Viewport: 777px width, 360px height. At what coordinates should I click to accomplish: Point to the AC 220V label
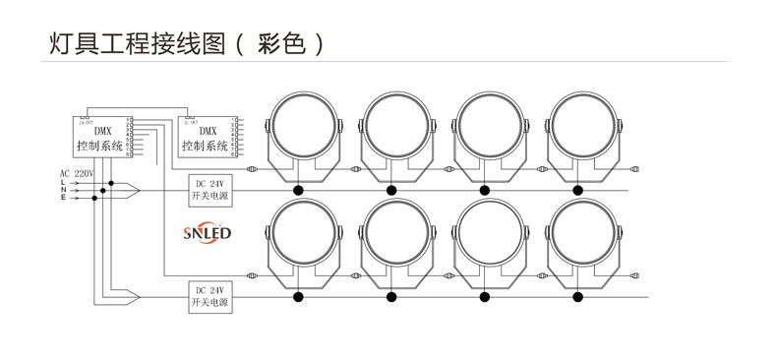tap(77, 173)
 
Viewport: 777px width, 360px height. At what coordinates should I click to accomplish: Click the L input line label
tap(63, 182)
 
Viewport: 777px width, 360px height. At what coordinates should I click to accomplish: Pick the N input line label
tap(63, 190)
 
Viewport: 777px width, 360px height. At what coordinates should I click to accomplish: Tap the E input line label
tap(63, 198)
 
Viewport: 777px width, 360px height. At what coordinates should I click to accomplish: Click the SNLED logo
tap(207, 233)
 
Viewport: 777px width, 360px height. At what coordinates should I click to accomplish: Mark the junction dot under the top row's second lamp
tap(391, 190)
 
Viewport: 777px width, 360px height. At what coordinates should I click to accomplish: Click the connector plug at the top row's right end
tap(635, 168)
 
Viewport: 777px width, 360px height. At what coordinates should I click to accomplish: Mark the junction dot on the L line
tap(113, 182)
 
